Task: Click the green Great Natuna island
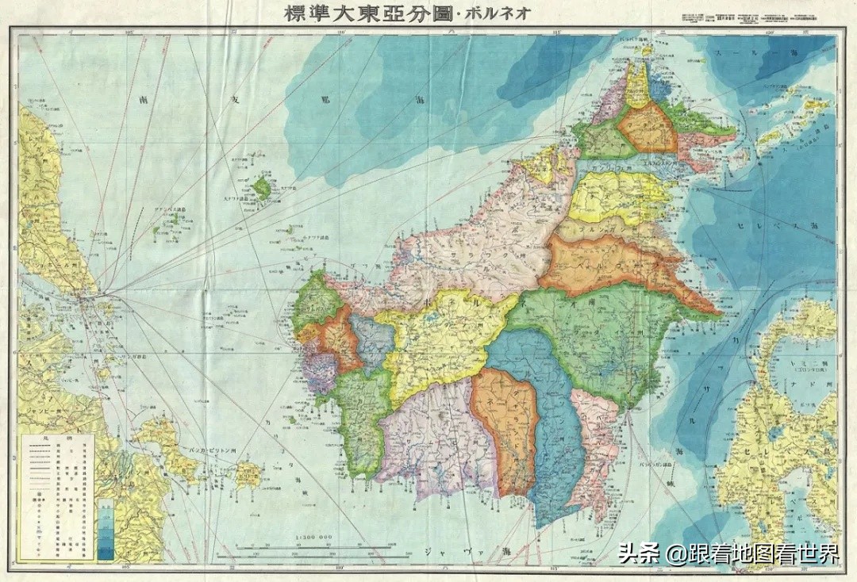(x=260, y=189)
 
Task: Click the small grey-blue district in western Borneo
(x=371, y=341)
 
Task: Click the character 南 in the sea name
(x=143, y=101)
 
